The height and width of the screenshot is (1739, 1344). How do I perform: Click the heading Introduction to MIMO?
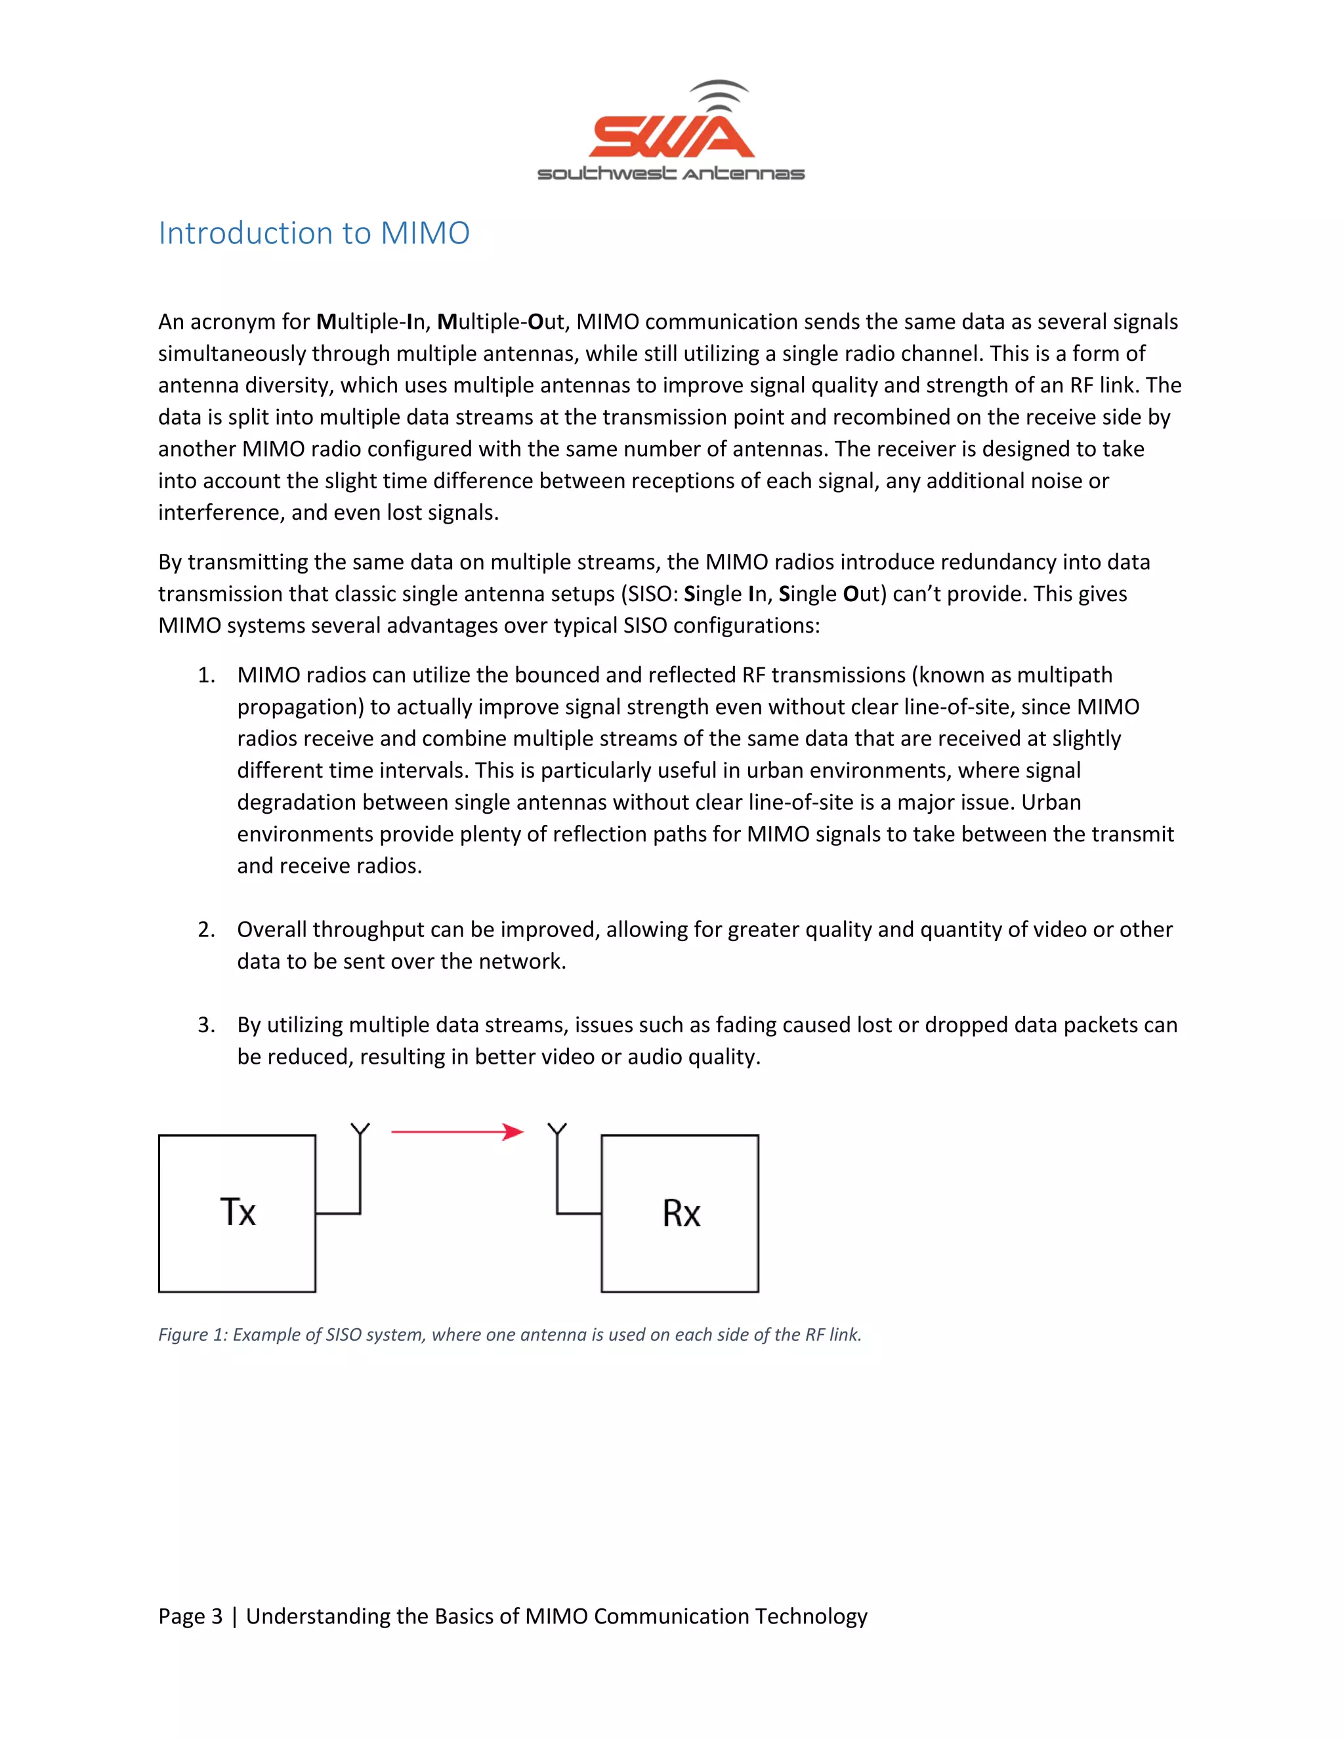pos(314,234)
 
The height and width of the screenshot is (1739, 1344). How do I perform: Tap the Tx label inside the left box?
pos(238,1213)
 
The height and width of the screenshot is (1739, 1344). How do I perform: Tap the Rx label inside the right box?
pos(681,1213)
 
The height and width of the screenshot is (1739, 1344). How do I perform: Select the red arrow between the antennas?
pos(457,1131)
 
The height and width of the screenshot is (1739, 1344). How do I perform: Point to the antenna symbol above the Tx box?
pos(360,1131)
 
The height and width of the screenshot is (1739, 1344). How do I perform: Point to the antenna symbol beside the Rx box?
pos(557,1131)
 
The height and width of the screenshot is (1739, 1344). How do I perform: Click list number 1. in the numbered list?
pos(206,675)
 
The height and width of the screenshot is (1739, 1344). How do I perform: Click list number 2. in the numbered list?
pos(206,930)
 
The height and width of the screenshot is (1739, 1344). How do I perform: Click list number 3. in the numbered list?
pos(206,1025)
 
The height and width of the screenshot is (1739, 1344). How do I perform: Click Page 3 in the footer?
pos(190,1616)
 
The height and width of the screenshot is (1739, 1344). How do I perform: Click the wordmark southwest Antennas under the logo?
pos(671,174)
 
